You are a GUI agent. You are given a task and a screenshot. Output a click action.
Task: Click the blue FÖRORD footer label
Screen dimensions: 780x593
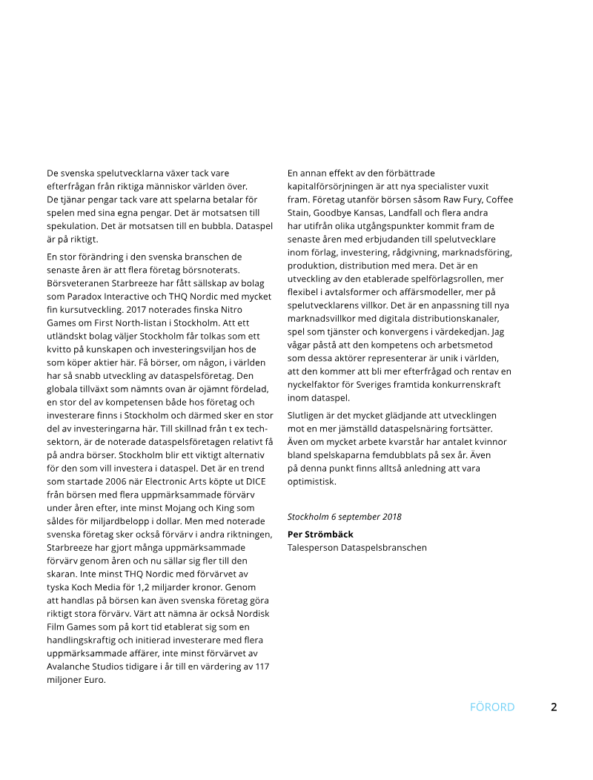tap(491, 707)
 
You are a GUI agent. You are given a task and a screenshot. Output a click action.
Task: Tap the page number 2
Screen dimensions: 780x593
tap(554, 707)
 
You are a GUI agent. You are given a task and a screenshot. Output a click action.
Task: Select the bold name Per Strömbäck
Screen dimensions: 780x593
tap(320, 534)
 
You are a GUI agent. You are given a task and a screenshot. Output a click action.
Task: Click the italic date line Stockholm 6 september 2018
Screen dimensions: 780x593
tap(345, 516)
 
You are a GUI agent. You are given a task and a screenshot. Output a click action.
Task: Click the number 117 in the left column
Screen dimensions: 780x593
tap(261, 667)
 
